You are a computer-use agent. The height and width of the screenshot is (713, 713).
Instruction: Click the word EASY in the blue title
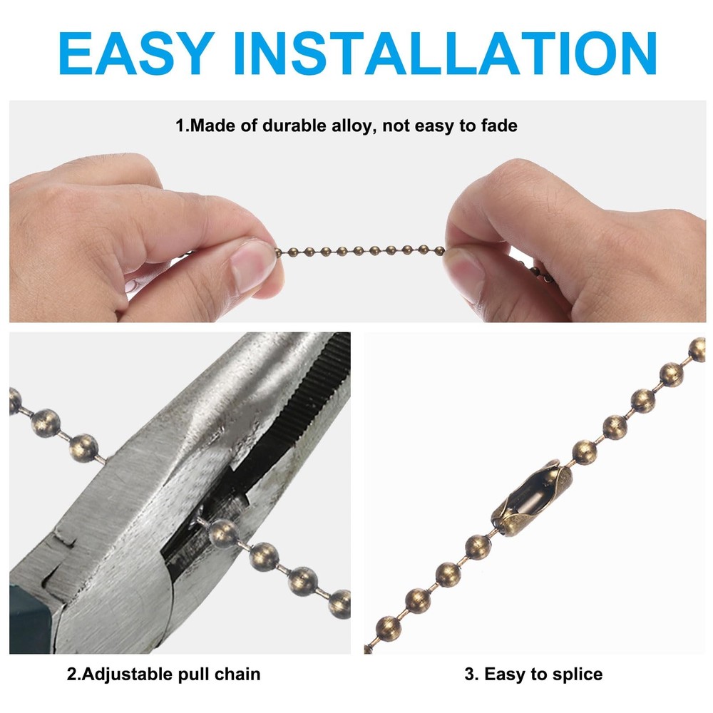[x=136, y=53]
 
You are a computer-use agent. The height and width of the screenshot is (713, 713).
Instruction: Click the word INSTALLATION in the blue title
[x=445, y=53]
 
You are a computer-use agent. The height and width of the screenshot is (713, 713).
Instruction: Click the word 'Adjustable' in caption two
[x=126, y=674]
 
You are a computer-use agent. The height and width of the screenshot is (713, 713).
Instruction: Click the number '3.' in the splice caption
[x=471, y=674]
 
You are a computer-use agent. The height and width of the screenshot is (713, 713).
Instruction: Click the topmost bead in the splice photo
[x=697, y=350]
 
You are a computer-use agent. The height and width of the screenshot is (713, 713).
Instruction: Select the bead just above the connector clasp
[x=585, y=451]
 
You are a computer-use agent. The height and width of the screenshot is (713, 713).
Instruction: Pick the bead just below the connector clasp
[x=478, y=547]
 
